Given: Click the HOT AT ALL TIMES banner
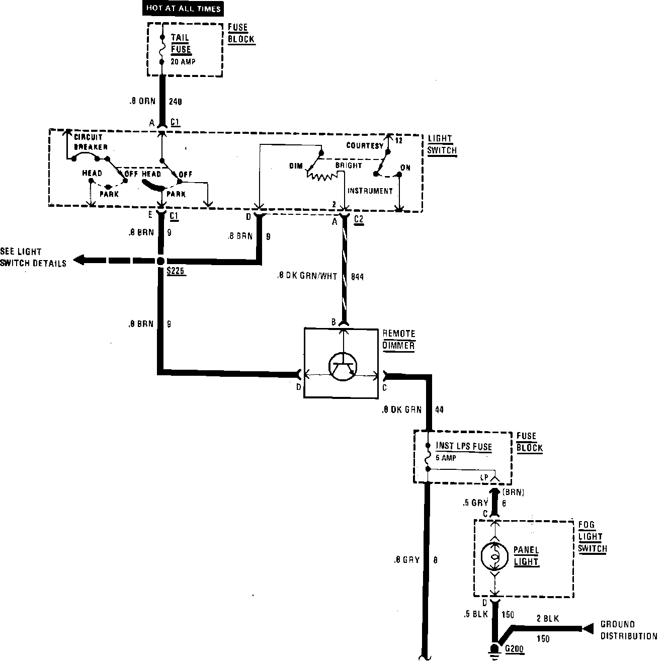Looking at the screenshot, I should coord(184,9).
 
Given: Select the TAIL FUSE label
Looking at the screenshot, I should coord(181,43).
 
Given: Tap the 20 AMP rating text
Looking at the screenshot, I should coord(183,62).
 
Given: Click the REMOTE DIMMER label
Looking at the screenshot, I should coord(399,340).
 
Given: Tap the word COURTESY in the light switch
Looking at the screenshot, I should coord(365,145).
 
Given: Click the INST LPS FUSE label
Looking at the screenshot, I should coord(464,446).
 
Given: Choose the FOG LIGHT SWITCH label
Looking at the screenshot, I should coord(592,537).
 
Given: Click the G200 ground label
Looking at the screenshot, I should coord(515,649).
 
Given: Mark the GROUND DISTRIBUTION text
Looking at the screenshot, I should coord(629,630).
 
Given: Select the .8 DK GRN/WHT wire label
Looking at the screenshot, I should coord(307,276).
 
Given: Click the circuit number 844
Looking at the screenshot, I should coord(357,276).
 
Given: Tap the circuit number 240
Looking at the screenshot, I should coord(175,102).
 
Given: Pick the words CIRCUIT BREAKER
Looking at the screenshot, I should coord(91,142).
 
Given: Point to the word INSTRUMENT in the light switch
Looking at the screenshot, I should coord(370,191).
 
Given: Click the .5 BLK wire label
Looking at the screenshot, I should coord(475,614).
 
